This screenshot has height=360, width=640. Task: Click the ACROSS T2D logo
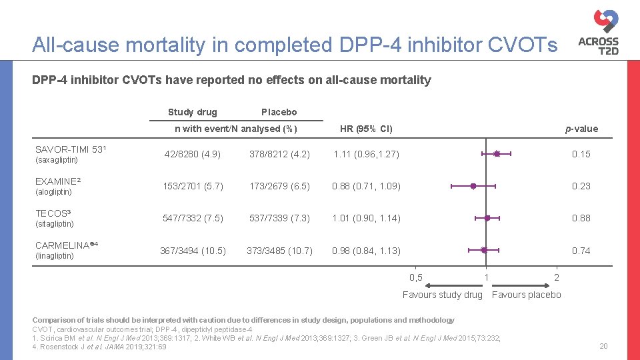(599, 31)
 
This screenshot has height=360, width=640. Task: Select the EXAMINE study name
(57, 181)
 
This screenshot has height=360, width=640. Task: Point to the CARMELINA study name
(65, 245)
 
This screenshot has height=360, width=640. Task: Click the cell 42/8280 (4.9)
(193, 154)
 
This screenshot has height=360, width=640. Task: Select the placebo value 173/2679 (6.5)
(279, 186)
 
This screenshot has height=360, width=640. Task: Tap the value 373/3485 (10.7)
(279, 251)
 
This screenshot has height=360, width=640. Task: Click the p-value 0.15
(581, 154)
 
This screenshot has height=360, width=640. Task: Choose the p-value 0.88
(581, 218)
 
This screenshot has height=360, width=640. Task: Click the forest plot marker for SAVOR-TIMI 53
(497, 154)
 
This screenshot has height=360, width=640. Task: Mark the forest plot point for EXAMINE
(473, 186)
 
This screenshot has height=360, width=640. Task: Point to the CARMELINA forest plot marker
(485, 251)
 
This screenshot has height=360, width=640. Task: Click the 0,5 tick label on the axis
(415, 277)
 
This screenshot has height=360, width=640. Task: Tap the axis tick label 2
(557, 277)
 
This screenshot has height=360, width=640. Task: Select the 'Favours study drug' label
(442, 295)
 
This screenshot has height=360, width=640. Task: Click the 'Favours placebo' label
(526, 295)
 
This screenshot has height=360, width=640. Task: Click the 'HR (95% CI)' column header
(366, 129)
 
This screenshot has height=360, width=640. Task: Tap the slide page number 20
(603, 345)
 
